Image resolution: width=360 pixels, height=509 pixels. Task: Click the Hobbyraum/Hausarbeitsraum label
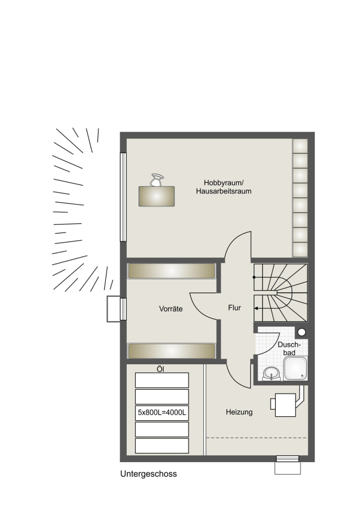[x=224, y=187]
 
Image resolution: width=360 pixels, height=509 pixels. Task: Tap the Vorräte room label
[x=170, y=309]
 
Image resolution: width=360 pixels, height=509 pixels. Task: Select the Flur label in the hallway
[x=234, y=308]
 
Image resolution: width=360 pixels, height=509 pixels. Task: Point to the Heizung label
[x=239, y=412]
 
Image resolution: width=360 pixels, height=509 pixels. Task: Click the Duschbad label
[x=288, y=348]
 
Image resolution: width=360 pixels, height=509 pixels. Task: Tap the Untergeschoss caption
[x=148, y=474]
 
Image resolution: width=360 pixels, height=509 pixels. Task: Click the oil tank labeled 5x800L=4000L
[x=162, y=413]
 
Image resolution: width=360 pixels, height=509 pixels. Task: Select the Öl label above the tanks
[x=160, y=369]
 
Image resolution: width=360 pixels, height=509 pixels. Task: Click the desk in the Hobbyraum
[x=157, y=196]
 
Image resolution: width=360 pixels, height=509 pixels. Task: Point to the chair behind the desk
[x=156, y=180]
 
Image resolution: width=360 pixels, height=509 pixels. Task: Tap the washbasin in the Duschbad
[x=271, y=373]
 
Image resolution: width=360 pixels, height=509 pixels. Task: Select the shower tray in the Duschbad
[x=295, y=368]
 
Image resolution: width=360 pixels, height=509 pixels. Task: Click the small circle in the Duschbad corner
[x=302, y=332]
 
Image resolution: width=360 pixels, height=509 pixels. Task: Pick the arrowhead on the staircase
[x=256, y=308]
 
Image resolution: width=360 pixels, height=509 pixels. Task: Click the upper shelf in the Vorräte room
[x=172, y=271]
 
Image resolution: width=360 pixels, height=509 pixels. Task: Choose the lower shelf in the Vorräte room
[x=172, y=351]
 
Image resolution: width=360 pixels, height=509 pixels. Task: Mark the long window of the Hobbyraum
[x=123, y=197]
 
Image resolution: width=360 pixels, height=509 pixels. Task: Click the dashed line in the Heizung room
[x=256, y=438]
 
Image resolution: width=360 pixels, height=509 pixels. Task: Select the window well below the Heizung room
[x=288, y=465]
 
